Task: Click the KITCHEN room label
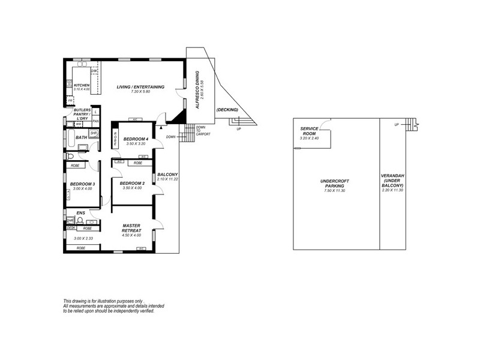(82, 85)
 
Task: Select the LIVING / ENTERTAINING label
(141, 86)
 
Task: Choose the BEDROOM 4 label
(135, 139)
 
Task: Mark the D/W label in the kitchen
(94, 71)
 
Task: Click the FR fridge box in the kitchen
(70, 100)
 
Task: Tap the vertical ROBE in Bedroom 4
(115, 139)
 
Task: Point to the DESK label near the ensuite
(71, 228)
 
